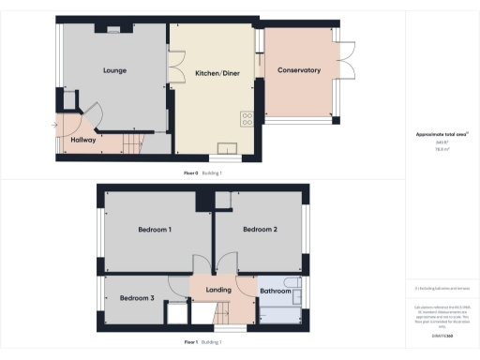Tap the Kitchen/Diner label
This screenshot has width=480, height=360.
(x=215, y=72)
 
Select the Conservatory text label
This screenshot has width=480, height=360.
(x=299, y=70)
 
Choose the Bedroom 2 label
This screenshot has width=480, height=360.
(x=260, y=229)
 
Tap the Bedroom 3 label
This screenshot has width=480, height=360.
(x=137, y=298)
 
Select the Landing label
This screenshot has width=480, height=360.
(x=217, y=291)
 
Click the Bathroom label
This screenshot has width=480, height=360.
(x=276, y=291)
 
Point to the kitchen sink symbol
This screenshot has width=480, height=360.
(x=226, y=146)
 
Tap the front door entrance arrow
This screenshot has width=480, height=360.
(x=56, y=125)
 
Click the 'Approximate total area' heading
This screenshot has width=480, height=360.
(x=442, y=134)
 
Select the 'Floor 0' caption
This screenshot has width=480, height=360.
(x=190, y=173)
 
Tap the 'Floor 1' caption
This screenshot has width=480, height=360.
(x=190, y=343)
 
